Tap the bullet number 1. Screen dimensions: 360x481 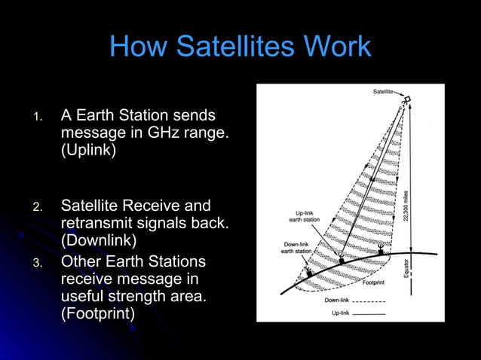click(35, 117)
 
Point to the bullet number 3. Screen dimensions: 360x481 click(35, 264)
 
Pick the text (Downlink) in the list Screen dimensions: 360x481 click(99, 241)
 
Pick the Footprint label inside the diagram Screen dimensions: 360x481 click(376, 283)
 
